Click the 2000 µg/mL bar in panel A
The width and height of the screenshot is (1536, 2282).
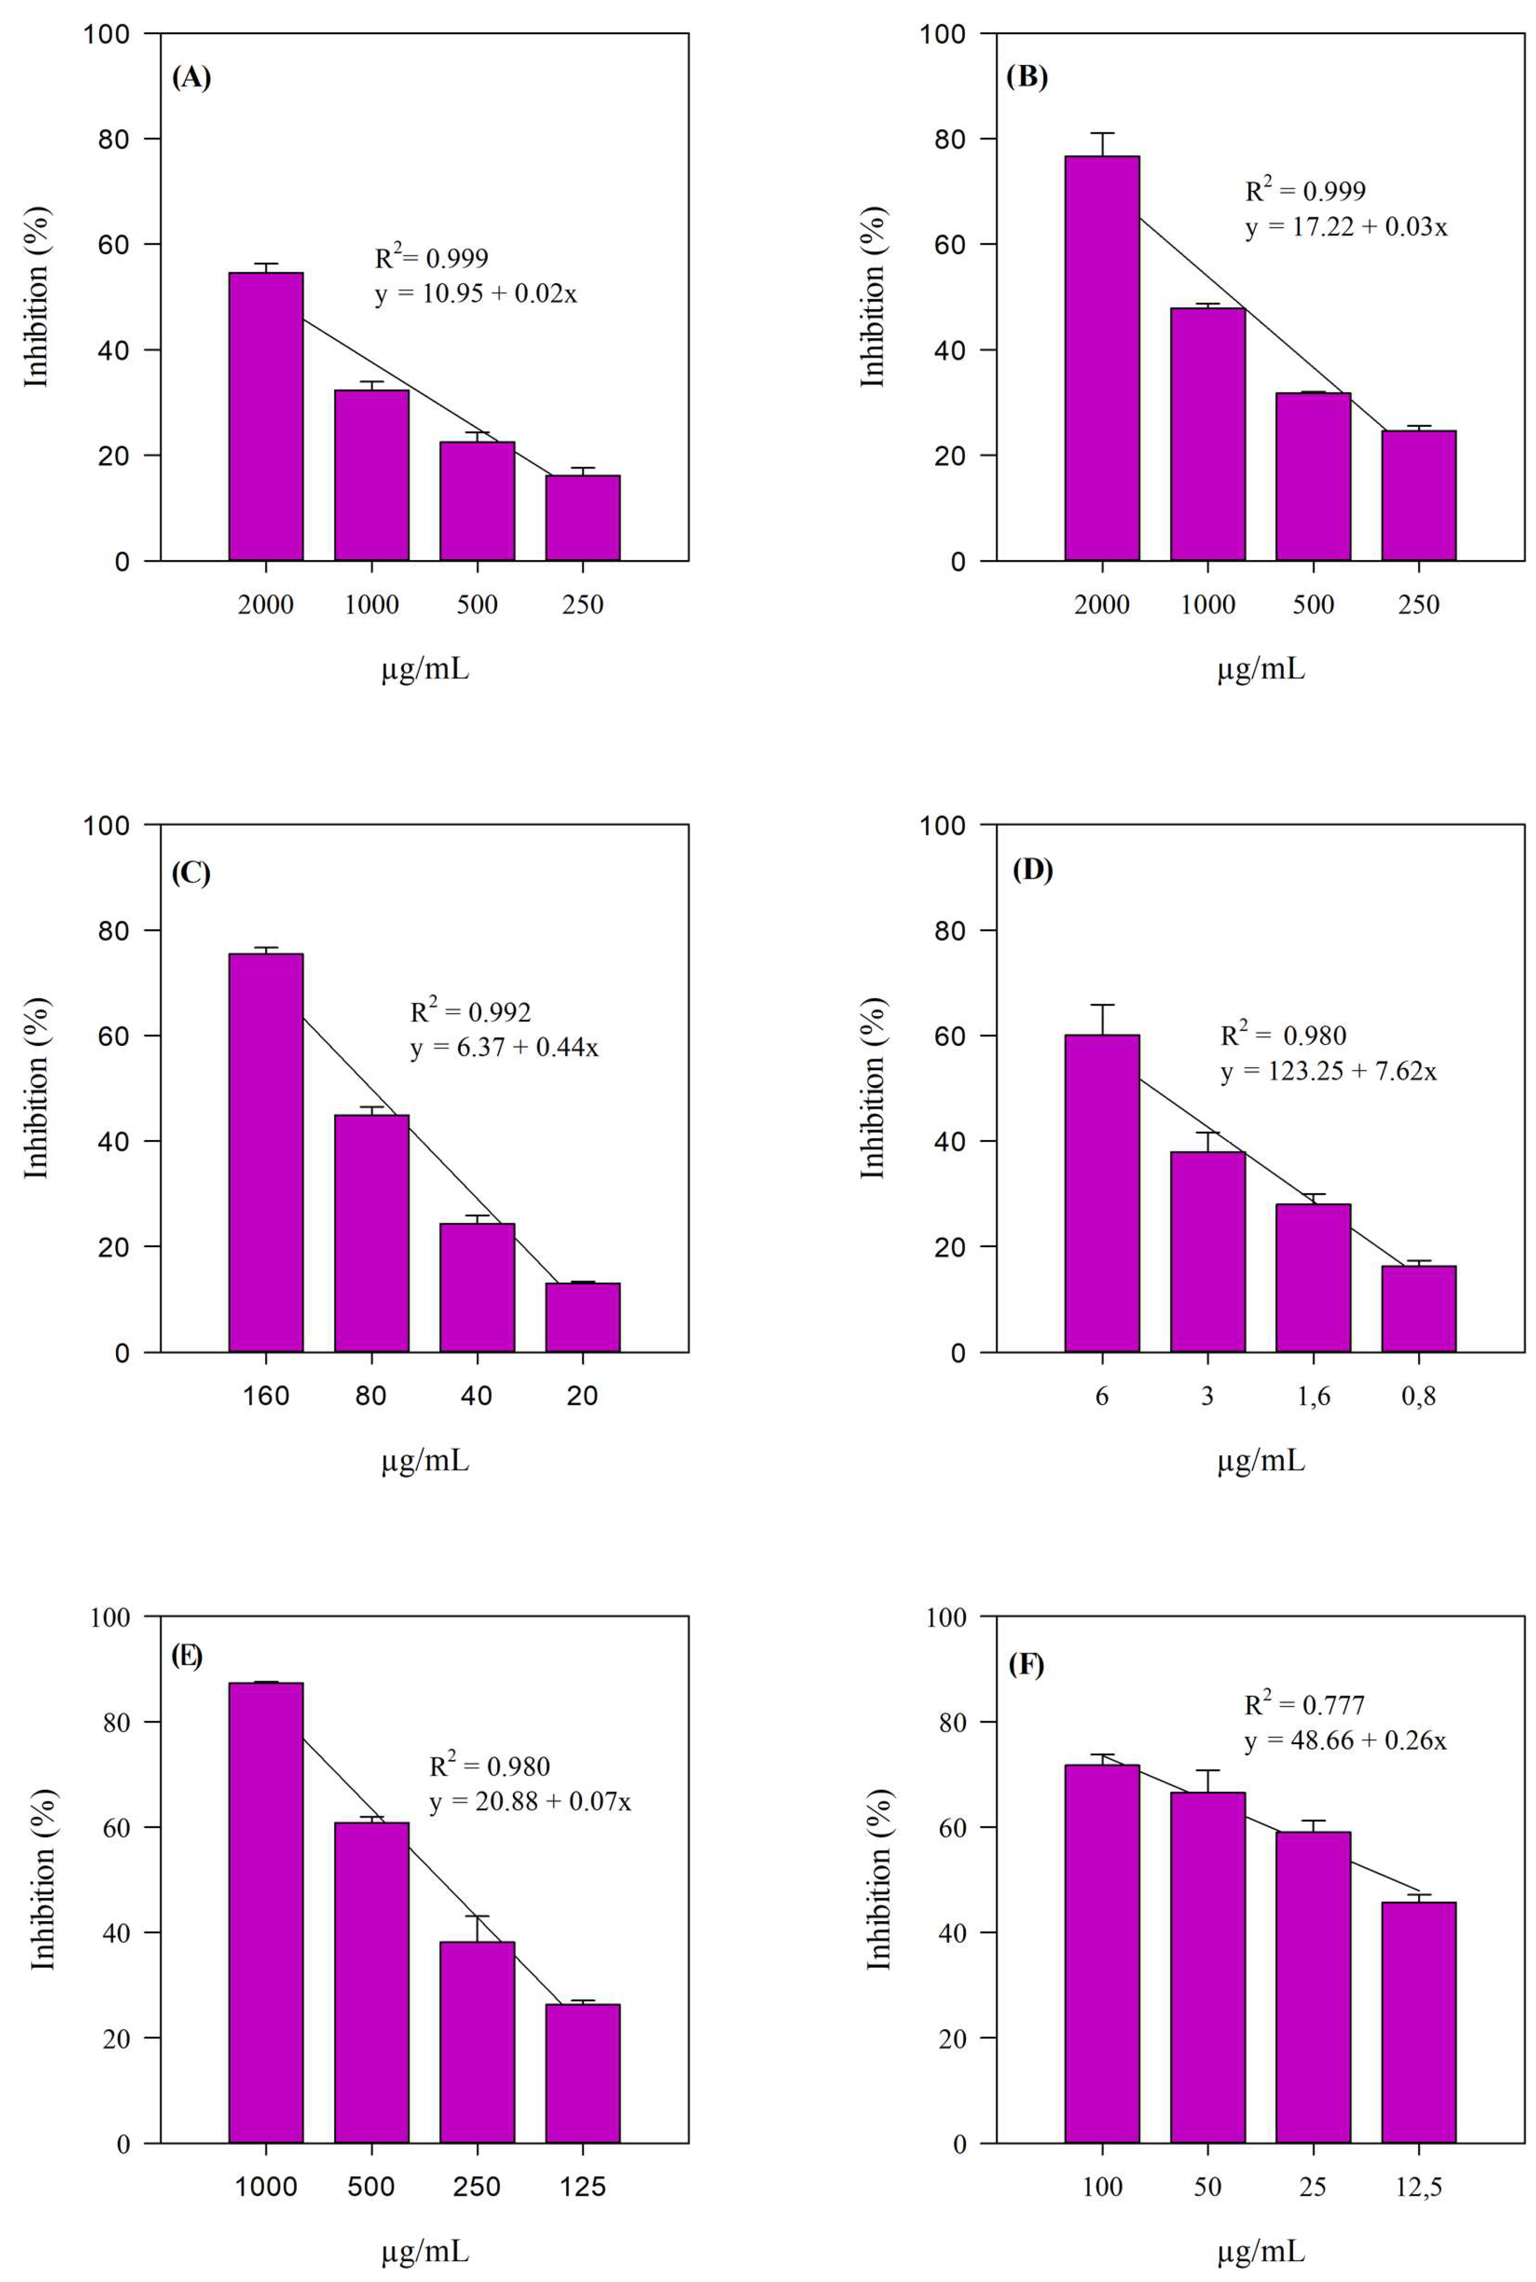coord(266,416)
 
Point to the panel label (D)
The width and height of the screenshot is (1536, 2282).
coord(1031,870)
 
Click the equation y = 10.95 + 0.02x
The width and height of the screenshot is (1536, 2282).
coord(476,294)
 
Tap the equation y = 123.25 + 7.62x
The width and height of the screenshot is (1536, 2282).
coord(1328,1072)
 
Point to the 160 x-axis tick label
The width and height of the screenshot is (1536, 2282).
coord(266,1396)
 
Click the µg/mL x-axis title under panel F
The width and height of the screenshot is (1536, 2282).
coord(1261,2252)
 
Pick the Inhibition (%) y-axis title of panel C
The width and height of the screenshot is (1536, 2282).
coord(36,1088)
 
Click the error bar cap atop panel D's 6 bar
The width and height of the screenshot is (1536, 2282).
coord(1102,1005)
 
